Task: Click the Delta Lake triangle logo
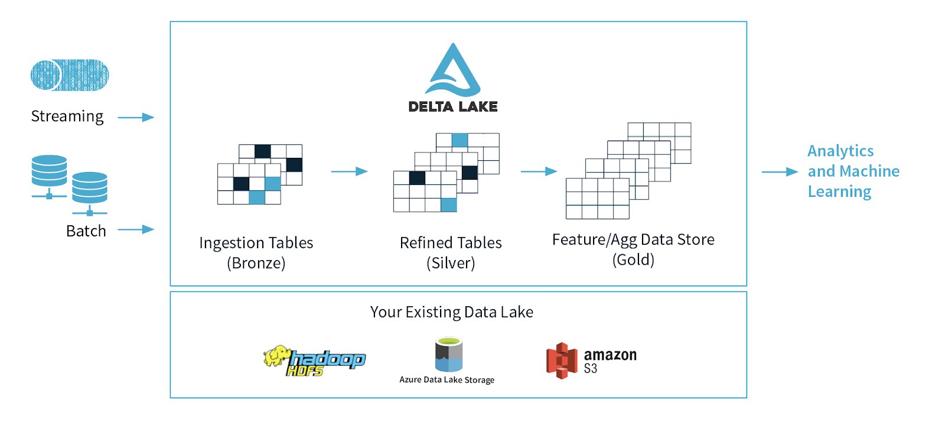point(452,72)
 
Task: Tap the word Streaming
point(67,116)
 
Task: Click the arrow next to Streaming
point(136,117)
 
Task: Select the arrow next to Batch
point(136,229)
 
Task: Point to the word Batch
point(86,231)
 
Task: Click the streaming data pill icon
point(70,75)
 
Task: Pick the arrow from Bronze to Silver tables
point(349,171)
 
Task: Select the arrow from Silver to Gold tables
point(539,171)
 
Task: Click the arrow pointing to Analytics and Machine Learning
point(780,172)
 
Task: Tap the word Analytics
point(840,151)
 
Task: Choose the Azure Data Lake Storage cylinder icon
point(448,354)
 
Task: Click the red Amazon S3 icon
point(562,361)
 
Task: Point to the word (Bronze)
point(256,263)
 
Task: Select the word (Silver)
point(451,263)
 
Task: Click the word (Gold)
point(633,259)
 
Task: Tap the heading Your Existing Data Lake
point(452,312)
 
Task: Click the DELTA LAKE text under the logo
point(453,106)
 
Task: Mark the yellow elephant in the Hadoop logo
point(277,356)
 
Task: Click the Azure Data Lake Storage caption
point(447,380)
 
